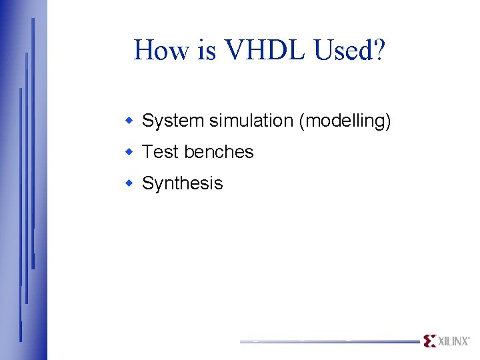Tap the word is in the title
pyautogui.click(x=206, y=51)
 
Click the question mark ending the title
pyautogui.click(x=378, y=51)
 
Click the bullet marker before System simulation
pyautogui.click(x=131, y=121)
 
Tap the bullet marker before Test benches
pyautogui.click(x=131, y=152)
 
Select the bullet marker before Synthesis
pyautogui.click(x=131, y=183)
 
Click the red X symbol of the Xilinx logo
pyautogui.click(x=430, y=341)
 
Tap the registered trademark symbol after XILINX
pyautogui.click(x=469, y=337)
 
